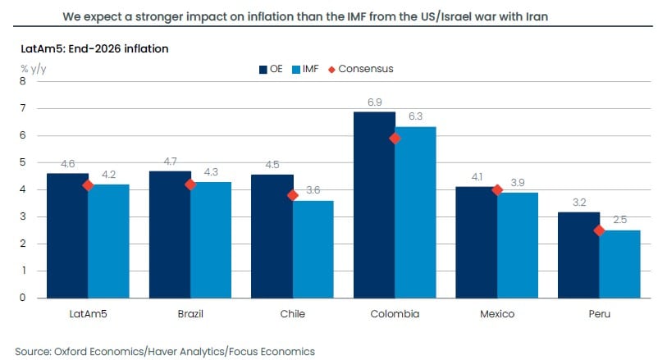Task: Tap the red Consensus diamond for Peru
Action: click(599, 230)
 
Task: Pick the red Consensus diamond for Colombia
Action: click(395, 139)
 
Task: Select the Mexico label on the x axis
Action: click(496, 314)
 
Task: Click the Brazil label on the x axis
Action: click(190, 314)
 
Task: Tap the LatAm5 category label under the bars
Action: click(88, 314)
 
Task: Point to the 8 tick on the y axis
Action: click(22, 81)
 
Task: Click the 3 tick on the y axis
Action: click(22, 216)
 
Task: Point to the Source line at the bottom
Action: click(164, 351)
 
